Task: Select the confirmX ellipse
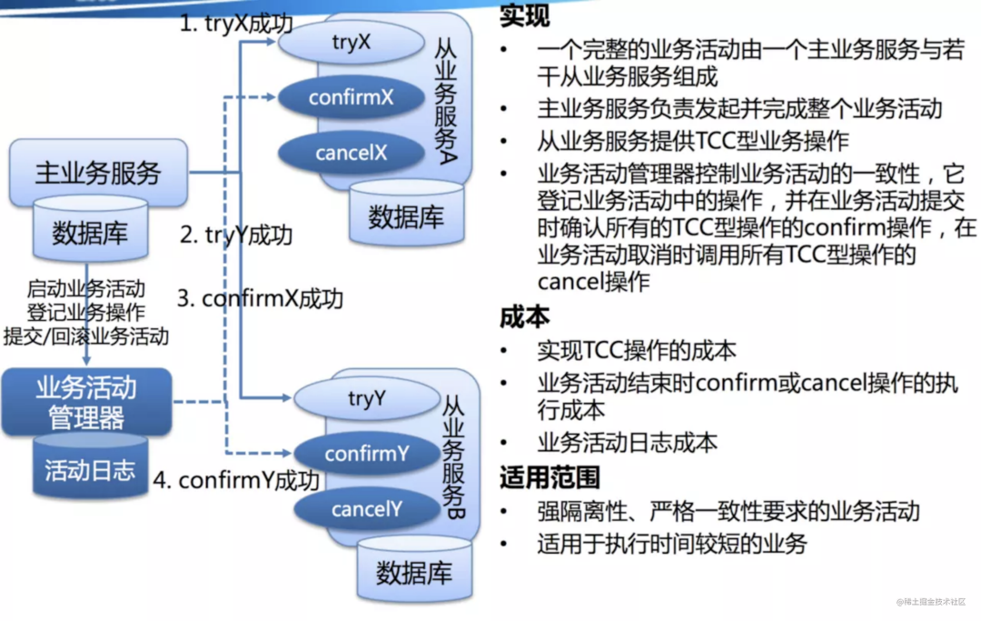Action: coord(351,97)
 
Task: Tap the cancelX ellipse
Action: coord(351,153)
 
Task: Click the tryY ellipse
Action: coord(367,398)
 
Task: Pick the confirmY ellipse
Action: coord(367,454)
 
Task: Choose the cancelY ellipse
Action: coord(367,509)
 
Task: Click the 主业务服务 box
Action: coord(98,173)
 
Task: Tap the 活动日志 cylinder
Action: coord(90,468)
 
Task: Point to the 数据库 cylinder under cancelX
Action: coord(406,215)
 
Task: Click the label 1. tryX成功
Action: coord(235,24)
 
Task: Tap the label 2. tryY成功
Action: coord(236,235)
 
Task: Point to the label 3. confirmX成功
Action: coord(260,298)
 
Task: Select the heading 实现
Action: coord(524,16)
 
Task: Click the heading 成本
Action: coord(524,317)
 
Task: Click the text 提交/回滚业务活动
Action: coord(86,336)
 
